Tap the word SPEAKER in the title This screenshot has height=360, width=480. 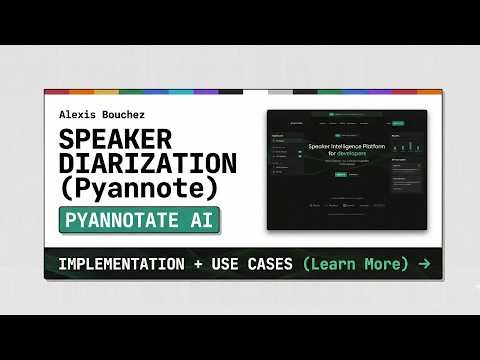(114, 140)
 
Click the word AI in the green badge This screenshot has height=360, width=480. (205, 220)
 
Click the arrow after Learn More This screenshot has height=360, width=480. (425, 264)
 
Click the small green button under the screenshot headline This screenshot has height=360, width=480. (340, 173)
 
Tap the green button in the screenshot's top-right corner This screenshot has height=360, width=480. (398, 123)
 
